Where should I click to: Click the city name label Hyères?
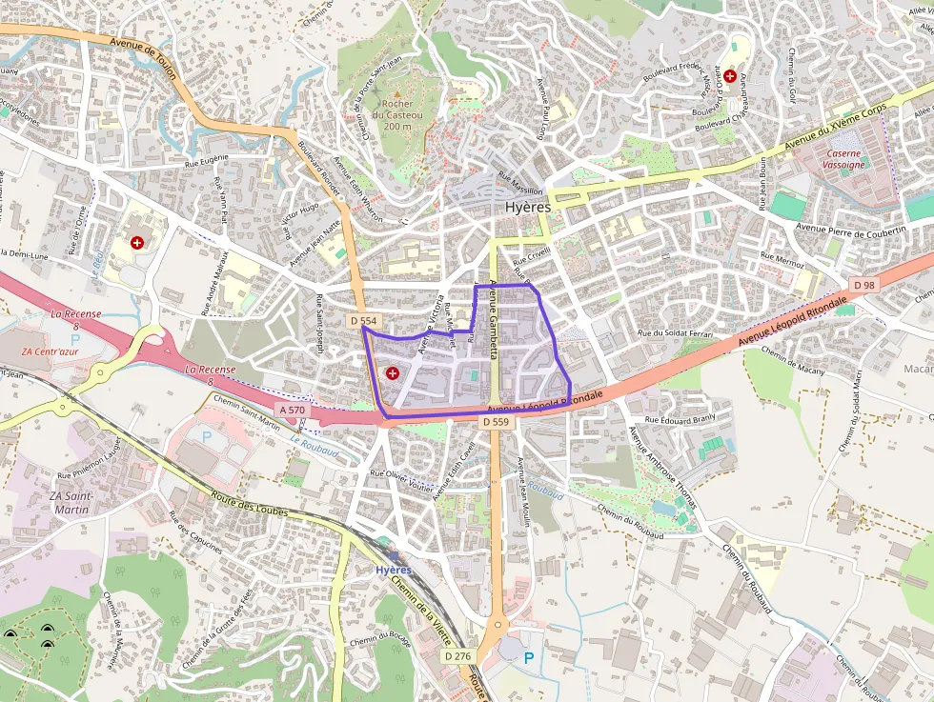pyautogui.click(x=527, y=207)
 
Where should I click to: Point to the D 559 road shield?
pyautogui.click(x=497, y=421)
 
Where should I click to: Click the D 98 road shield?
pyautogui.click(x=864, y=285)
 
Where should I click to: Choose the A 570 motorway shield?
pyautogui.click(x=293, y=410)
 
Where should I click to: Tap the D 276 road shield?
pyautogui.click(x=458, y=656)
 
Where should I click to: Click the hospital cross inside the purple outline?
pyautogui.click(x=392, y=372)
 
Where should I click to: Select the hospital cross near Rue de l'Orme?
pyautogui.click(x=138, y=243)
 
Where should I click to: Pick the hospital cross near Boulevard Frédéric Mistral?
pyautogui.click(x=729, y=75)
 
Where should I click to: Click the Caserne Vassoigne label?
pyautogui.click(x=843, y=159)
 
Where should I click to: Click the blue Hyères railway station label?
pyautogui.click(x=394, y=570)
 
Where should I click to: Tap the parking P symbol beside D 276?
pyautogui.click(x=528, y=657)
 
